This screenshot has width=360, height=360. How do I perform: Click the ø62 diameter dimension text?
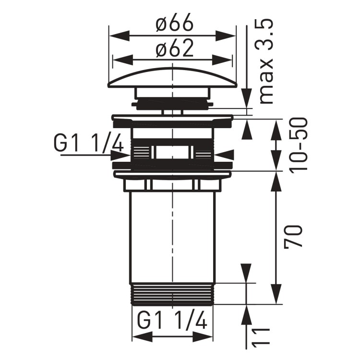coord(173,48)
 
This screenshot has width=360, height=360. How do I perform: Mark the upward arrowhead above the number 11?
coord(247,314)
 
